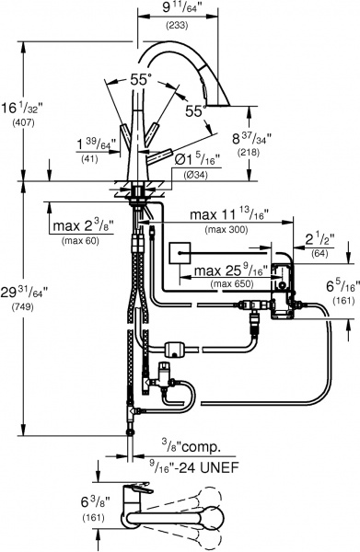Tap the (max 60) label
pyautogui.click(x=81, y=241)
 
